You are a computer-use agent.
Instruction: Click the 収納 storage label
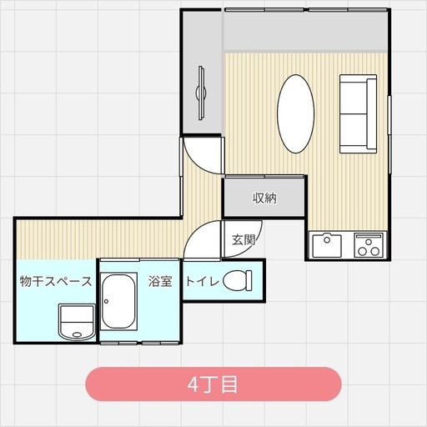[x=264, y=198]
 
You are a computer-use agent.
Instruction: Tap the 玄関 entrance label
[x=244, y=239]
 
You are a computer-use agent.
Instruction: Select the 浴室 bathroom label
[x=160, y=281]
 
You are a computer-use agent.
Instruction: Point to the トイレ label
[x=203, y=281]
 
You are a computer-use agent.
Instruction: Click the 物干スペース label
[x=56, y=281]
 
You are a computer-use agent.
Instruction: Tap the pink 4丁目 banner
[x=213, y=384]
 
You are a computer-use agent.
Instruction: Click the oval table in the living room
[x=296, y=113]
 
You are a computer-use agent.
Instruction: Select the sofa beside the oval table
[x=359, y=113]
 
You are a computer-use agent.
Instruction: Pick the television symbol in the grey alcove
[x=201, y=93]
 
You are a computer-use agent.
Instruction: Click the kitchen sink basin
[x=327, y=246]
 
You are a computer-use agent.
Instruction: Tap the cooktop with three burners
[x=369, y=245]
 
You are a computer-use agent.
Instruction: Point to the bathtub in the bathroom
[x=118, y=301]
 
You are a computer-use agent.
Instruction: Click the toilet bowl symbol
[x=234, y=280]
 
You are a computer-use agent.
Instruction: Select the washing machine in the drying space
[x=77, y=322]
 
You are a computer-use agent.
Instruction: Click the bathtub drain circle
[x=106, y=301]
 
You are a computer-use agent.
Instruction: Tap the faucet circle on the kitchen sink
[x=327, y=239]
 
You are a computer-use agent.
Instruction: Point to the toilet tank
[x=249, y=280]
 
